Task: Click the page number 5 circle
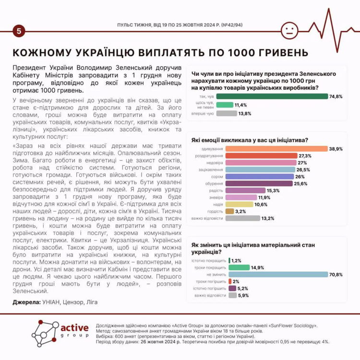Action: pos(19,31)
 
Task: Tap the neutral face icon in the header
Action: pos(289,31)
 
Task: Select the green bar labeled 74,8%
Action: pos(272,96)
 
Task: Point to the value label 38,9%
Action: pos(336,149)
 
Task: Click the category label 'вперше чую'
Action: pos(204,114)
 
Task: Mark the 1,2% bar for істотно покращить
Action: pos(229,261)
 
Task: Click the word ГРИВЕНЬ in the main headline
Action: pos(273,52)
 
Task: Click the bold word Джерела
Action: pos(27,302)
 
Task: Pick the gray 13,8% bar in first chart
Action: pos(227,114)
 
